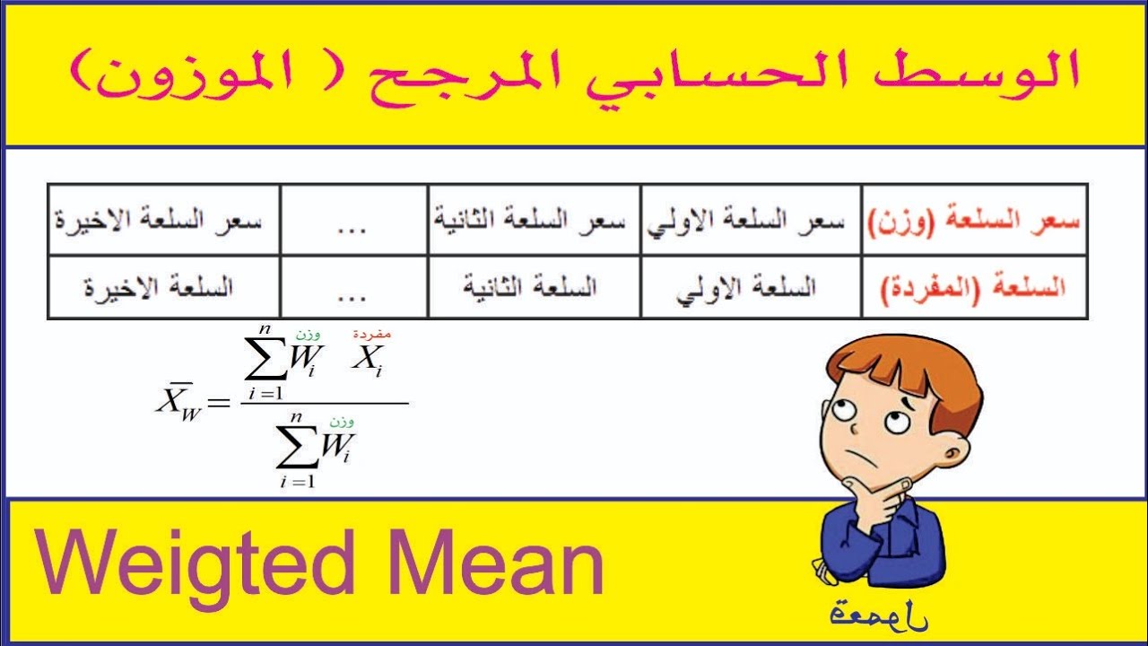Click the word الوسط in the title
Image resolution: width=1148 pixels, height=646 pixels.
click(x=996, y=74)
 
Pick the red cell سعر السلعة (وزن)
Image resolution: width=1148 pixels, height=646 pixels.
click(x=974, y=221)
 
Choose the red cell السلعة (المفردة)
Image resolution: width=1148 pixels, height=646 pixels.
click(x=974, y=287)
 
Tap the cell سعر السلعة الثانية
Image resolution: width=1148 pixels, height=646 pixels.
click(x=533, y=221)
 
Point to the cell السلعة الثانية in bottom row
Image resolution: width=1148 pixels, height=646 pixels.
click(x=533, y=287)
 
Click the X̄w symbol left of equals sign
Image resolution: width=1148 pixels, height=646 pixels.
click(x=176, y=402)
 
